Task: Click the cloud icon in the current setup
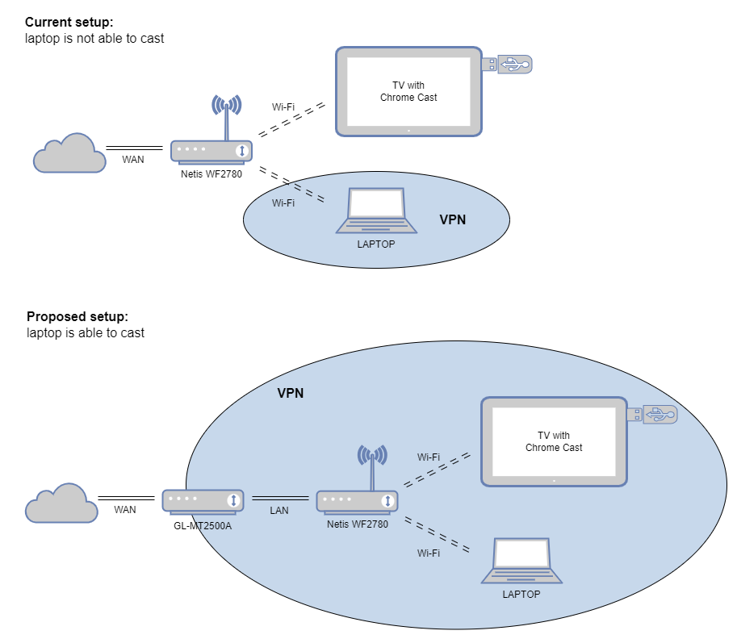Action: click(69, 153)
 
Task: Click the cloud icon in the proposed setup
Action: click(61, 503)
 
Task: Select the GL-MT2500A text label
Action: click(203, 526)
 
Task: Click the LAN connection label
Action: click(279, 510)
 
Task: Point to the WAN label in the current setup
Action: click(133, 160)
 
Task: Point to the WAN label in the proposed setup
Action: click(125, 510)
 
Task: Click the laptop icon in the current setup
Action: click(376, 211)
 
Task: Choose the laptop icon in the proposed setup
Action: click(521, 561)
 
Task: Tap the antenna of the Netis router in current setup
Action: click(227, 117)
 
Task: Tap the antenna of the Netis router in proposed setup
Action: click(372, 467)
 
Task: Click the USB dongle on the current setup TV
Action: click(508, 65)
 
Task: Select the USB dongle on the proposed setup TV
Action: click(653, 415)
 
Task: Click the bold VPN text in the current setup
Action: click(453, 220)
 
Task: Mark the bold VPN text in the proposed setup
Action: click(291, 393)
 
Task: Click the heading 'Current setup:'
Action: click(69, 22)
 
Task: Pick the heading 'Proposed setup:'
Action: click(77, 316)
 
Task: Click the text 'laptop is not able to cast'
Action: click(94, 39)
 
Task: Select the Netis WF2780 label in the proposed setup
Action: click(358, 524)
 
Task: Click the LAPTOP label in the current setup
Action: click(376, 244)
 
